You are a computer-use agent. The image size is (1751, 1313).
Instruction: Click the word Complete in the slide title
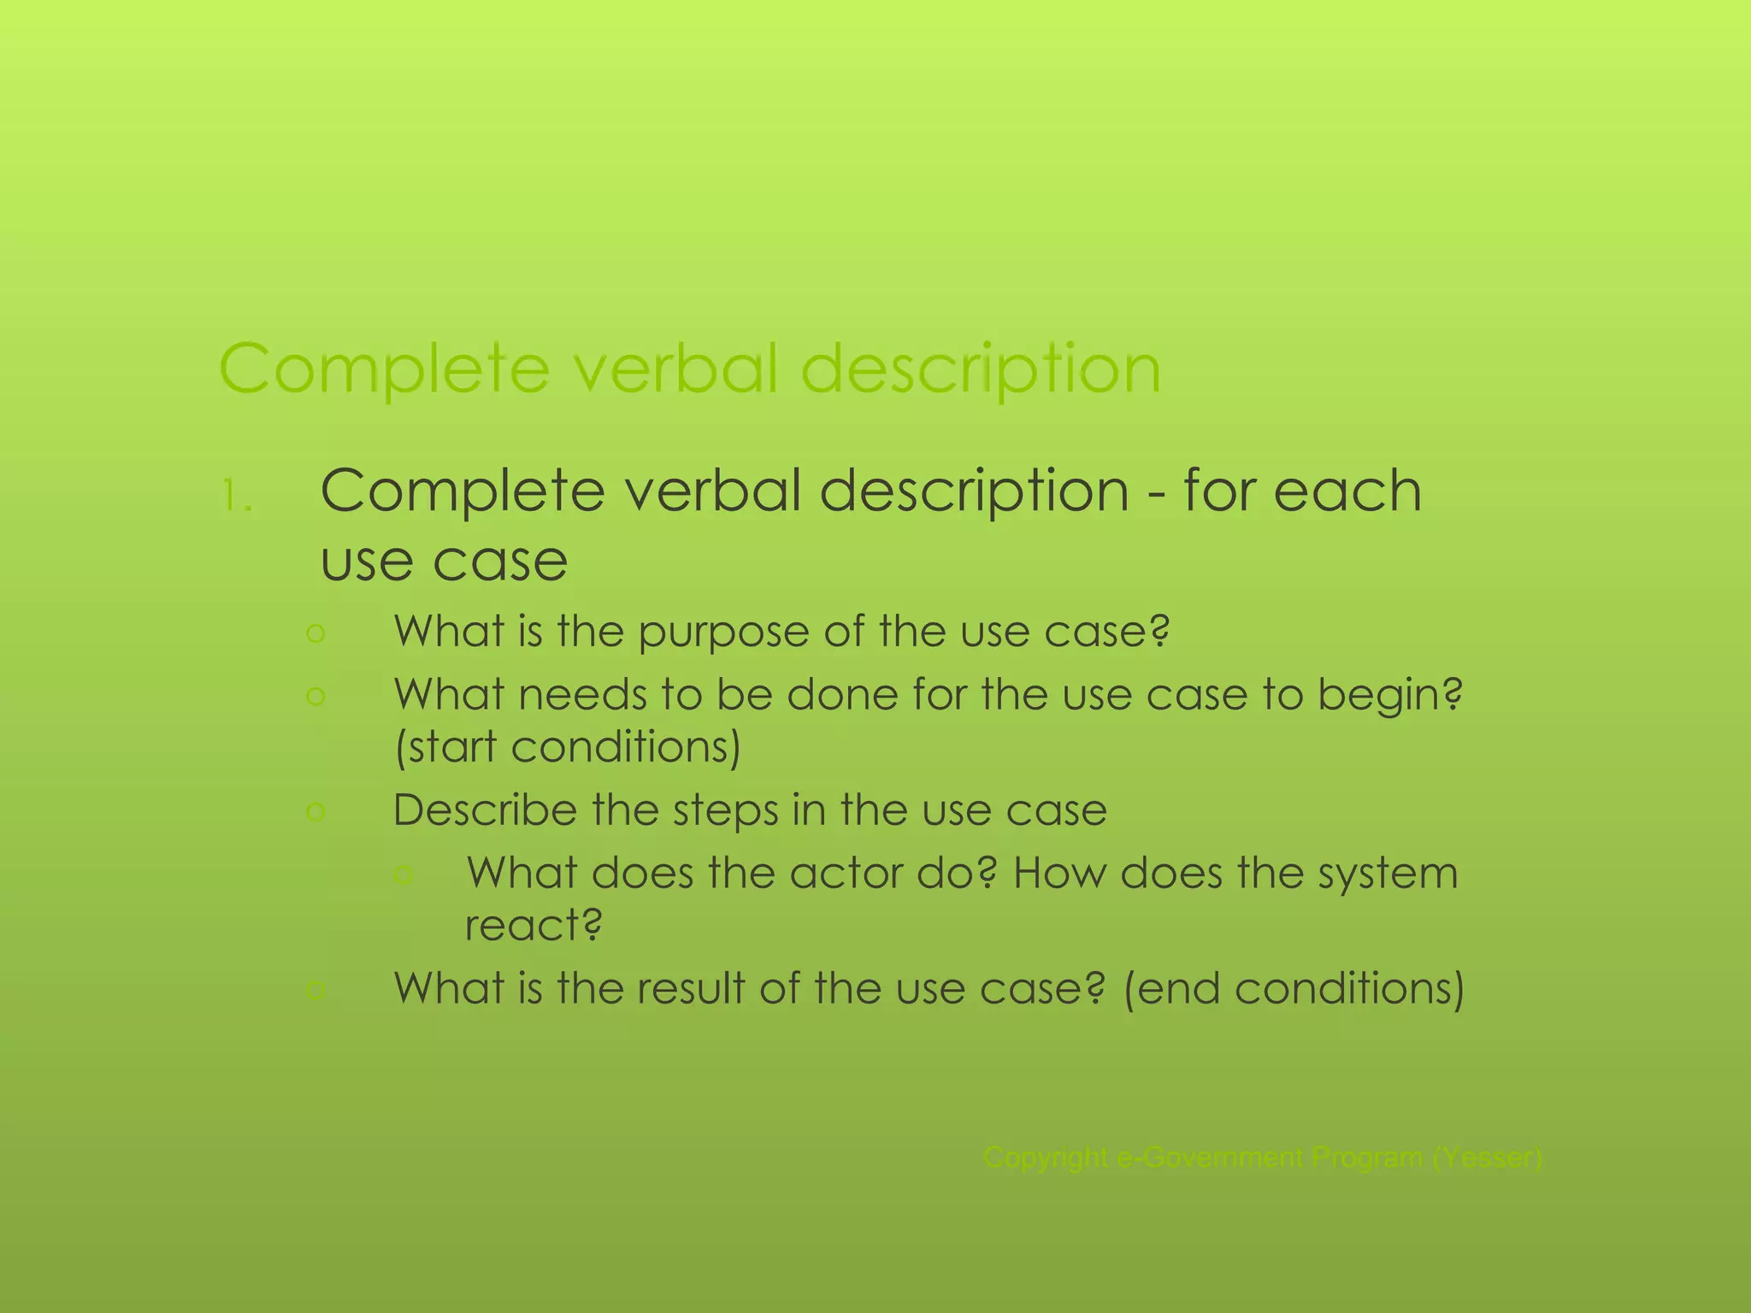coord(384,369)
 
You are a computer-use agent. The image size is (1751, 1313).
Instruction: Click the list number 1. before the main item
coord(237,497)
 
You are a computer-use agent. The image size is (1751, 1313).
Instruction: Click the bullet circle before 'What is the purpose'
coord(315,633)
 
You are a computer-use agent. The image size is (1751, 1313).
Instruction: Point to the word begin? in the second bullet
coord(1390,697)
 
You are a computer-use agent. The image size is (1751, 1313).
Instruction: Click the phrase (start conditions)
coord(567,747)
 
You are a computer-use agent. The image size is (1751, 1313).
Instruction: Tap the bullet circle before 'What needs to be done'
coord(315,697)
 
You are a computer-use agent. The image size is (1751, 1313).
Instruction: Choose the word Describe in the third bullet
coord(484,810)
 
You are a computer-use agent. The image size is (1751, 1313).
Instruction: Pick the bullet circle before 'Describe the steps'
coord(315,810)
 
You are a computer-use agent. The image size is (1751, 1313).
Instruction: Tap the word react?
coord(534,926)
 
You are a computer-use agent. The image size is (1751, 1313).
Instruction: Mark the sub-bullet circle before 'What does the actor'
coord(404,874)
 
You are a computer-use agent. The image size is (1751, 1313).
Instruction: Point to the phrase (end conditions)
coord(1294,989)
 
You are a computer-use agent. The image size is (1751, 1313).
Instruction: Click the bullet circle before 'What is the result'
coord(315,990)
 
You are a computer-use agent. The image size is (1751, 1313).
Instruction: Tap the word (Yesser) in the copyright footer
coord(1487,1158)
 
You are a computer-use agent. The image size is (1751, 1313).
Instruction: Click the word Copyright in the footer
coord(1045,1158)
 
